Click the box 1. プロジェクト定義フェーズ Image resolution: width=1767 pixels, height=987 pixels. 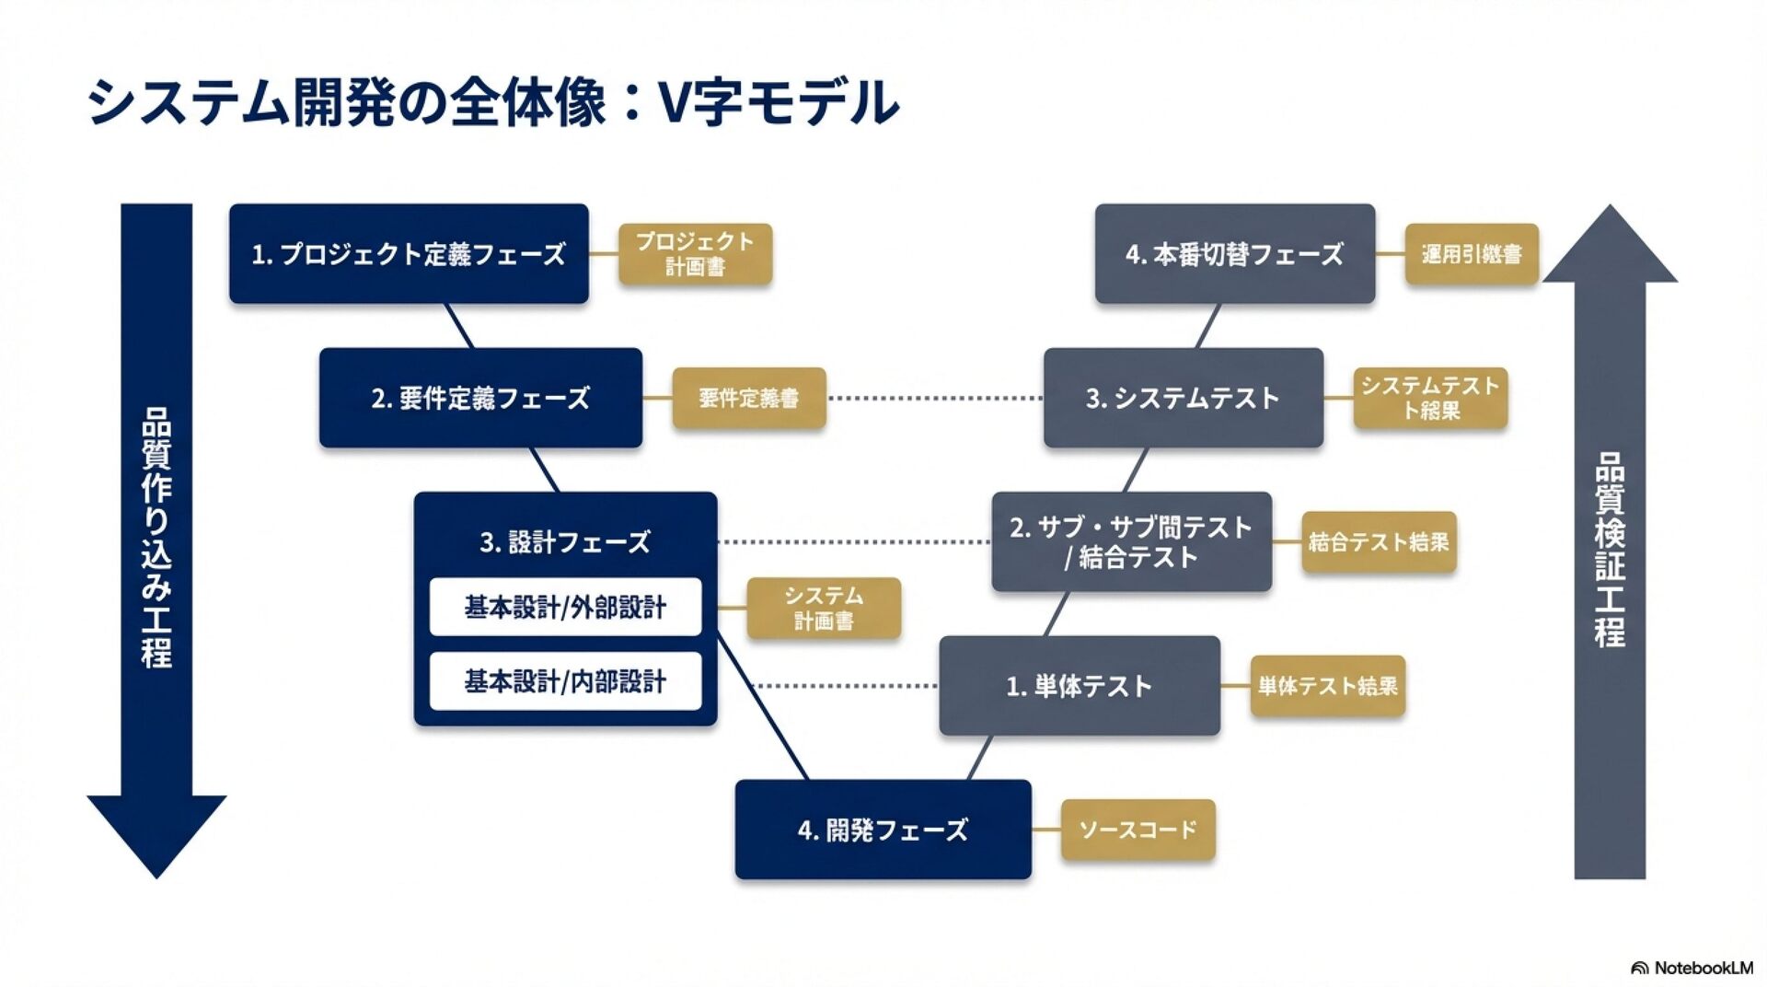pyautogui.click(x=409, y=253)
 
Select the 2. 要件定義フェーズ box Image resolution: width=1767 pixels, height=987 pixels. pyautogui.click(x=480, y=398)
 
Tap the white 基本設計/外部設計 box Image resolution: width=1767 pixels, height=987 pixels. pyautogui.click(x=565, y=607)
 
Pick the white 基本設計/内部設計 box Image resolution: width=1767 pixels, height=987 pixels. pyautogui.click(x=565, y=681)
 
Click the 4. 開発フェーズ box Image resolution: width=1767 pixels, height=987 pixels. pyautogui.click(x=883, y=830)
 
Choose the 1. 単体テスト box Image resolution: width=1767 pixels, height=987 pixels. pyautogui.click(x=1079, y=686)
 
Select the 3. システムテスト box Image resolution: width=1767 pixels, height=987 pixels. pyautogui.click(x=1183, y=398)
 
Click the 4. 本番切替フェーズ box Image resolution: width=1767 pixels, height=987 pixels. pyautogui.click(x=1234, y=253)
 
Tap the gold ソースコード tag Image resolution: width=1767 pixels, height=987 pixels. pyautogui.click(x=1138, y=830)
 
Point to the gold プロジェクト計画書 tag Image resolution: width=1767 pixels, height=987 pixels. pyautogui.click(x=695, y=253)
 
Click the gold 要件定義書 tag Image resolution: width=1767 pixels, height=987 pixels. pyautogui.click(x=748, y=398)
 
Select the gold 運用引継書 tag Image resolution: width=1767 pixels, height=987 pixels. pyautogui.click(x=1471, y=253)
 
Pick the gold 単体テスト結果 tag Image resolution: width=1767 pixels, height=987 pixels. pyautogui.click(x=1327, y=686)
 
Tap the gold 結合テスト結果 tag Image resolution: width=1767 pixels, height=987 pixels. pyautogui.click(x=1379, y=541)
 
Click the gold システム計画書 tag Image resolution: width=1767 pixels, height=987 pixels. pyautogui.click(x=823, y=608)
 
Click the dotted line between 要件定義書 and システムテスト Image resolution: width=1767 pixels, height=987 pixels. pyautogui.click(x=934, y=399)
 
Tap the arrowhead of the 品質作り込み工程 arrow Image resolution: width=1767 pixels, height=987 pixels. pyautogui.click(x=156, y=833)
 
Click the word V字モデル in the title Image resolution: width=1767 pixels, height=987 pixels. pyautogui.click(x=779, y=101)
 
